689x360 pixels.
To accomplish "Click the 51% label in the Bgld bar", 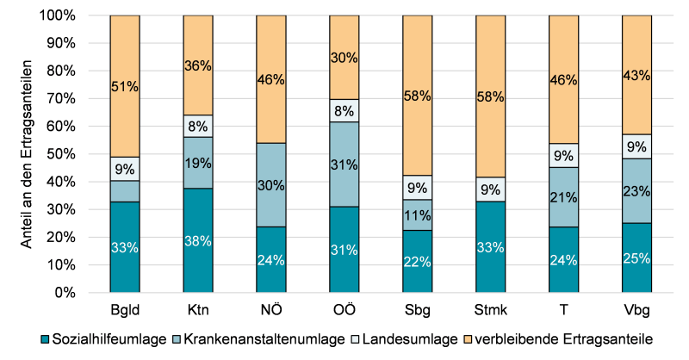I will pos(125,86).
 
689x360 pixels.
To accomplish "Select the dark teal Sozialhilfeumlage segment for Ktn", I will pos(198,241).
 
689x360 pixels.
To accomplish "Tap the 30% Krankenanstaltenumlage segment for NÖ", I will pos(271,185).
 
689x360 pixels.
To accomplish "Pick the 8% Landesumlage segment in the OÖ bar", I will pos(344,110).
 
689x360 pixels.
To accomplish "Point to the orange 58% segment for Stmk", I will pos(491,96).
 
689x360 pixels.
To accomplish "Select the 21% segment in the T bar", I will pos(564,197).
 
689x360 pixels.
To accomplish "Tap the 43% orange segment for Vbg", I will pos(637,75).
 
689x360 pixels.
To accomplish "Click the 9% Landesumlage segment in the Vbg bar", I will pos(637,146).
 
